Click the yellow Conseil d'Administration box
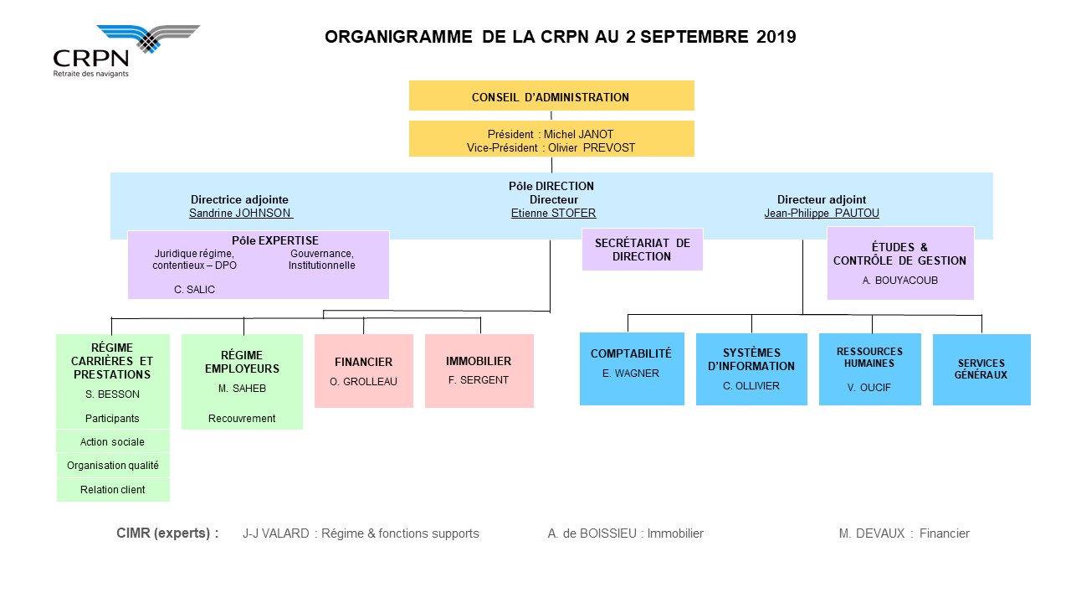pos(551,95)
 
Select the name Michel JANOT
pos(578,135)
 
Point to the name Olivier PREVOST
pos(592,148)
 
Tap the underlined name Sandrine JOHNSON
pos(240,214)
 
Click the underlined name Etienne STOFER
pos(553,214)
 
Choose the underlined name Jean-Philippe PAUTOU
pos(822,214)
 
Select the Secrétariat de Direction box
pos(642,250)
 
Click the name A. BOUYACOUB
pos(899,281)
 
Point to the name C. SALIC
pos(194,290)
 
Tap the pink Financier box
pos(363,371)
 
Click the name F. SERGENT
pos(478,380)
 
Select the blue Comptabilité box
pos(632,369)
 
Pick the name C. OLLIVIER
pos(751,386)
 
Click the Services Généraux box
pos(981,369)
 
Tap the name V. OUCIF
pos(869,388)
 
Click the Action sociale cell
pos(113,441)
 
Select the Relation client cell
pos(113,490)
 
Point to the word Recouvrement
pos(242,419)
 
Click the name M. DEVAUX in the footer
pos(872,533)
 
